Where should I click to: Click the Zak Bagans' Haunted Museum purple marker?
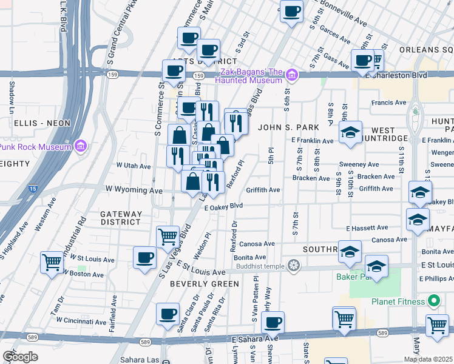(x=293, y=75)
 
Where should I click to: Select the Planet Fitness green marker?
(x=433, y=300)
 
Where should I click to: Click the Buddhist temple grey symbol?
(x=294, y=265)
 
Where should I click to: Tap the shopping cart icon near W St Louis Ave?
(x=52, y=261)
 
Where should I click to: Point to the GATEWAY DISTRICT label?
(x=121, y=218)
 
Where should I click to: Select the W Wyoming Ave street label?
(x=134, y=190)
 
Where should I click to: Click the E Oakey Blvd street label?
(x=223, y=206)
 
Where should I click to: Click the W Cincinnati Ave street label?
(x=92, y=321)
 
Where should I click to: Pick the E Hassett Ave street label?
(x=367, y=228)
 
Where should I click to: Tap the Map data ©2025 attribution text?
(x=429, y=359)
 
